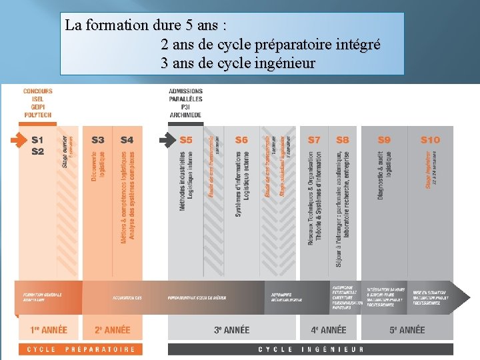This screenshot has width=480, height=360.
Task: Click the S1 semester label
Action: point(37,140)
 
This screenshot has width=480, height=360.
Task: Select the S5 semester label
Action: point(186,140)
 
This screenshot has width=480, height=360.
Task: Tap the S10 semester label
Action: point(430,140)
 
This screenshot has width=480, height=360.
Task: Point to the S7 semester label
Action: point(314,140)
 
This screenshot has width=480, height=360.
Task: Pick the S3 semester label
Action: point(98,140)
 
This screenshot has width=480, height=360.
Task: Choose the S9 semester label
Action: point(384,140)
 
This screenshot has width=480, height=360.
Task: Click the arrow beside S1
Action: point(18,141)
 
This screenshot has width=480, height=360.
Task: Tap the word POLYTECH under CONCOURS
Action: point(38,115)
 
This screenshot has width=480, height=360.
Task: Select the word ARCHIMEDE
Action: point(185,115)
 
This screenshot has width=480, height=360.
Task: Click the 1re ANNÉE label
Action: point(49,330)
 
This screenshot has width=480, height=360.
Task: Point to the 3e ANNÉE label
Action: point(231,330)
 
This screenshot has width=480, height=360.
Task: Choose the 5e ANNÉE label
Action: point(407,330)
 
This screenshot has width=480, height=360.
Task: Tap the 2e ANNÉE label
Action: point(112,330)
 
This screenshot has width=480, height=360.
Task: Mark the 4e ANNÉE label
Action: point(329,330)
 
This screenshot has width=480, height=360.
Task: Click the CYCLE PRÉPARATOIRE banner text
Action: point(81,349)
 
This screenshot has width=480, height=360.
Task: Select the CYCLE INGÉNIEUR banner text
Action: point(311,349)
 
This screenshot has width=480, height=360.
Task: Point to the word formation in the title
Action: point(111,26)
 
